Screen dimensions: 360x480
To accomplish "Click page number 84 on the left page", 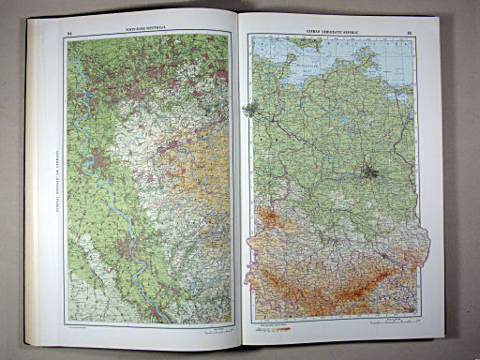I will (x=70, y=36).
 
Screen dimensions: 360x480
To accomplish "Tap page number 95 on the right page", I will (x=410, y=34).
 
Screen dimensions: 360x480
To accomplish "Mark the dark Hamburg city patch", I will (x=250, y=110).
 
